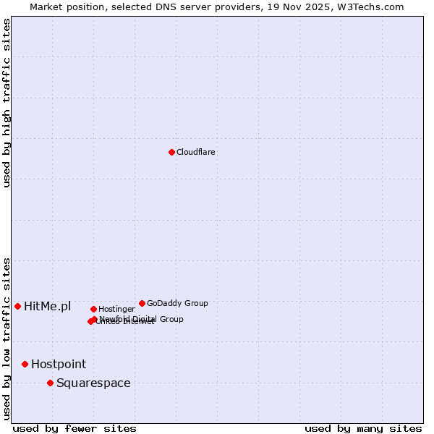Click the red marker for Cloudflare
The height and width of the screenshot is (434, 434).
click(171, 152)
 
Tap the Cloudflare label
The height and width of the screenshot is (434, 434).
click(196, 153)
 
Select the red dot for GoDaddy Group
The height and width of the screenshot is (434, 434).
click(142, 303)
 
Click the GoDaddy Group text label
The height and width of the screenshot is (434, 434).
click(177, 304)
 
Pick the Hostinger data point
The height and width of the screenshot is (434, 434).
click(93, 309)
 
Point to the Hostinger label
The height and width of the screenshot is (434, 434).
click(116, 310)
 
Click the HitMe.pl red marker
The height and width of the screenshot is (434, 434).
click(17, 306)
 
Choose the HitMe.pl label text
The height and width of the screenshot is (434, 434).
click(48, 307)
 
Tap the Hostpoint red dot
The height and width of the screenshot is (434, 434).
click(25, 364)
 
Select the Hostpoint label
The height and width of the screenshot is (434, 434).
click(59, 365)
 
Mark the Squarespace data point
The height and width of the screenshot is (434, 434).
click(50, 383)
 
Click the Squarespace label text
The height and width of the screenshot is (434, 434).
click(93, 383)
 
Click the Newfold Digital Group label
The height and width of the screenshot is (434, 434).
click(142, 318)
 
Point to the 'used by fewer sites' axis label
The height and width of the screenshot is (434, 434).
click(75, 429)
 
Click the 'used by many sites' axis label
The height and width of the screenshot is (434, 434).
click(363, 429)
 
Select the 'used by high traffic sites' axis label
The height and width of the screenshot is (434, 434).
click(7, 103)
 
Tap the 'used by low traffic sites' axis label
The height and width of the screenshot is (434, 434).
click(7, 339)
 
